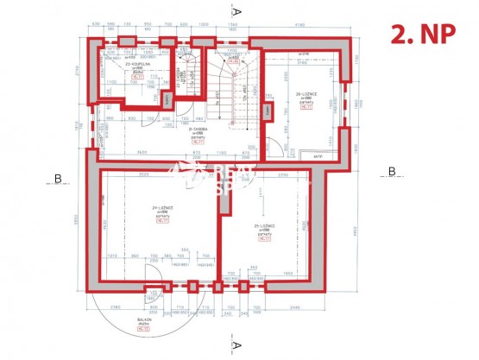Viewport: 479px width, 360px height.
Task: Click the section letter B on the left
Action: pyautogui.click(x=57, y=179)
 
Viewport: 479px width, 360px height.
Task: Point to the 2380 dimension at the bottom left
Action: pyautogui.click(x=117, y=307)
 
